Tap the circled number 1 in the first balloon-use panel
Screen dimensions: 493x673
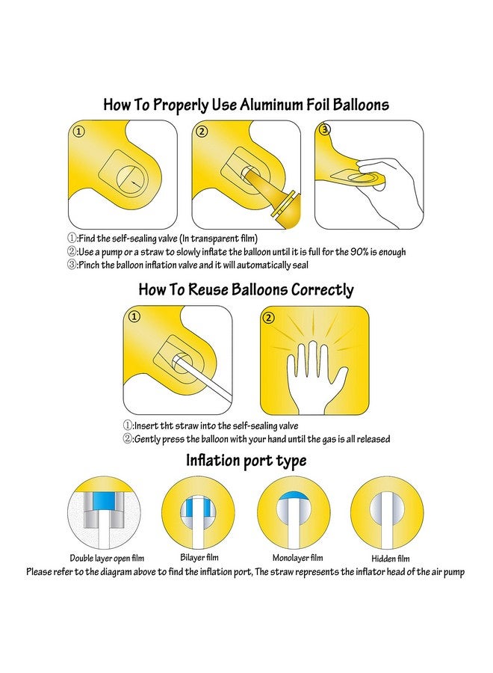(79, 132)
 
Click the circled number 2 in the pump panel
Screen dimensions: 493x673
(202, 132)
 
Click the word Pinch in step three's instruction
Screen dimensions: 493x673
(89, 265)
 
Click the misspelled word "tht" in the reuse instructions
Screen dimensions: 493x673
(166, 426)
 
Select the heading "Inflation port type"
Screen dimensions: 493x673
(246, 461)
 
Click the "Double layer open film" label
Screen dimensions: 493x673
(107, 559)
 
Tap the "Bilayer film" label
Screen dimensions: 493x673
(199, 558)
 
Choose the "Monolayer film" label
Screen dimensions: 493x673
(297, 558)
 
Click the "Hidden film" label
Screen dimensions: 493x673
(391, 559)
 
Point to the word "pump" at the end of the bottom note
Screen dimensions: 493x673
(454, 572)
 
